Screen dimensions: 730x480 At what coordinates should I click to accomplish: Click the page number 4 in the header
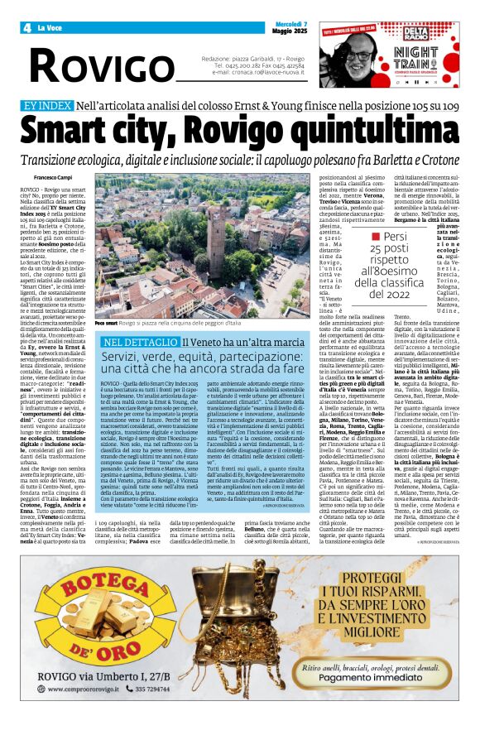(27, 27)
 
